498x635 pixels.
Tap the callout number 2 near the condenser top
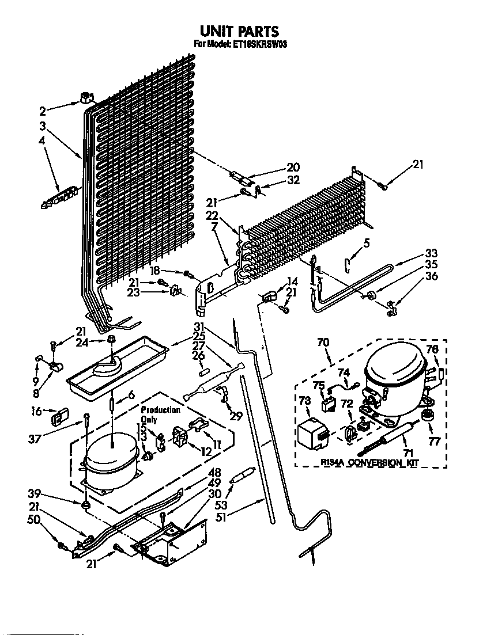click(x=42, y=112)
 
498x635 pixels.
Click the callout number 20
click(x=293, y=168)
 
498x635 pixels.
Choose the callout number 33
click(x=431, y=253)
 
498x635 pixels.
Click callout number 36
click(x=431, y=276)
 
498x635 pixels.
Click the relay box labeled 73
click(x=313, y=432)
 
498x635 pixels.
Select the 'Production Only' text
click(x=161, y=415)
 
